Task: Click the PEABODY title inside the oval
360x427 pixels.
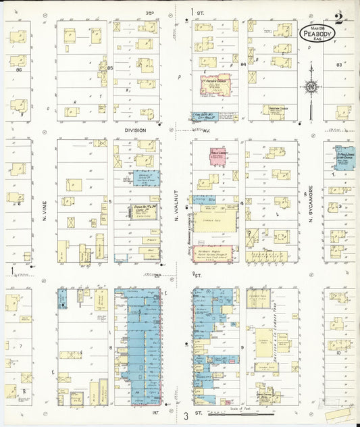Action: [x=317, y=33]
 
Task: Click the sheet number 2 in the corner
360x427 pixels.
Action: [x=338, y=17]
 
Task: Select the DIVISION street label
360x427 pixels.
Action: [x=134, y=130]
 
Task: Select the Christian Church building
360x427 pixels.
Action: [x=274, y=110]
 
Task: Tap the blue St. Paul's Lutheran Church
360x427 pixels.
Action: [x=344, y=155]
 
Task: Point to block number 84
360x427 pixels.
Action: [x=242, y=64]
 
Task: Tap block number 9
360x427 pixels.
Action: [x=242, y=347]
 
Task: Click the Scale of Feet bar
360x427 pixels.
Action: [x=243, y=413]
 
